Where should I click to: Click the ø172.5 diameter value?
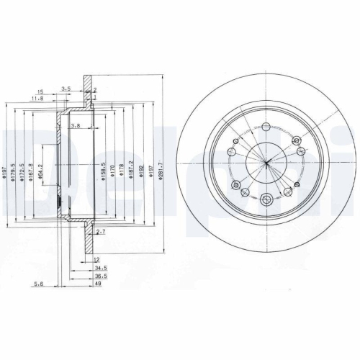(23, 174)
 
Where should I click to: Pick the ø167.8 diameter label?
(32, 174)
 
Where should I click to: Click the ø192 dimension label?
(140, 173)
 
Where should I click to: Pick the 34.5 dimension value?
(99, 267)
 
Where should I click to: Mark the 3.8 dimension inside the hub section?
(75, 125)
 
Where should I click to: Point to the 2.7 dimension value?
(101, 233)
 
